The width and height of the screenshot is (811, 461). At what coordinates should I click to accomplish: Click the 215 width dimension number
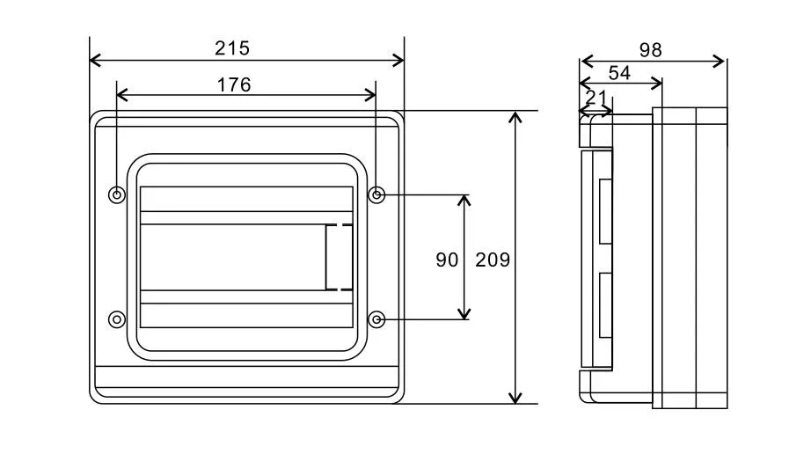tap(232, 48)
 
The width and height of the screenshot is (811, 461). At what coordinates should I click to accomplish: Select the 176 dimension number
tap(233, 84)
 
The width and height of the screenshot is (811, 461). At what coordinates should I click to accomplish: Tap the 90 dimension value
tap(447, 260)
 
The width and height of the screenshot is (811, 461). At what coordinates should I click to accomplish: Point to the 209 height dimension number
tap(493, 260)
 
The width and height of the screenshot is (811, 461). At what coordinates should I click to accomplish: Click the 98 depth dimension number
tap(650, 50)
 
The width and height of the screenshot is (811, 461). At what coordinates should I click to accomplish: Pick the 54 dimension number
tap(619, 73)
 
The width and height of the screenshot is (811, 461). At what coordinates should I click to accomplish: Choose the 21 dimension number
tap(595, 97)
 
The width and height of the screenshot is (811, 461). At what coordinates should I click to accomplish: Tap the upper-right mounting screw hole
tap(376, 194)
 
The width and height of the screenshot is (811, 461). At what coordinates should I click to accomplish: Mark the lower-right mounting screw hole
tap(376, 318)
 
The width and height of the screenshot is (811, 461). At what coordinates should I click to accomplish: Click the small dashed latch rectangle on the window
tap(339, 257)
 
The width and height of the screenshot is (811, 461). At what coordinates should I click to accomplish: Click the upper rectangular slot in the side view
tap(605, 211)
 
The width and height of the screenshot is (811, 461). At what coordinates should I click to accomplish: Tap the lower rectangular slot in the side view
tap(605, 305)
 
